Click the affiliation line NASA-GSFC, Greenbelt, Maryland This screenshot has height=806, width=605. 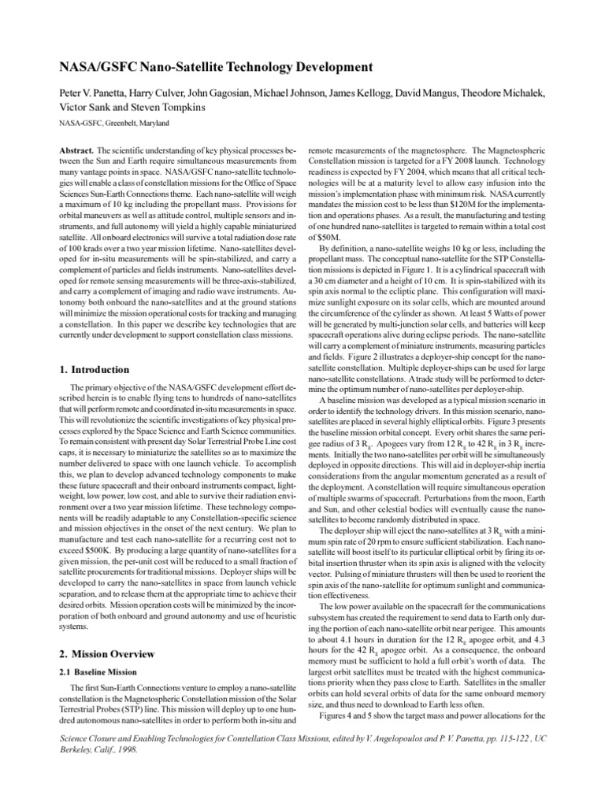pos(113,124)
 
